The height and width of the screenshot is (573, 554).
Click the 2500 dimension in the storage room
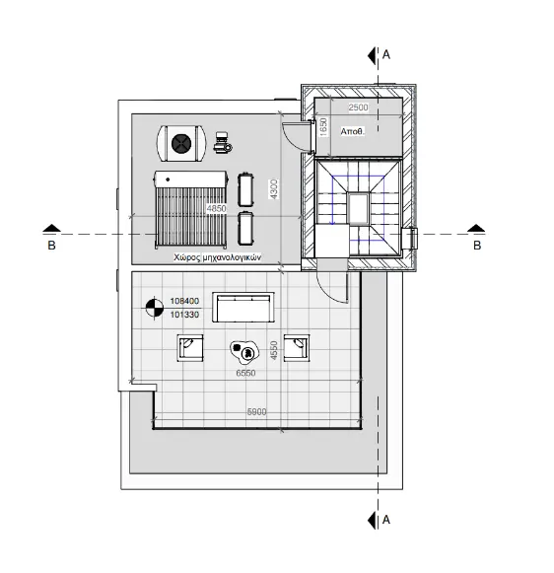(x=358, y=107)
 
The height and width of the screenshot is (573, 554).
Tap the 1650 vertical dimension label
(x=323, y=127)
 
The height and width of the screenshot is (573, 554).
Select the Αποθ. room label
(x=353, y=131)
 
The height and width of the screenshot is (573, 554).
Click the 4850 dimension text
(x=217, y=209)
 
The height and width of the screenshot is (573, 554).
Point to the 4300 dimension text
(x=274, y=189)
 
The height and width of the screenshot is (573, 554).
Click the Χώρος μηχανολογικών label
(x=218, y=257)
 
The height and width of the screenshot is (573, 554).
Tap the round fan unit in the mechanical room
(x=181, y=143)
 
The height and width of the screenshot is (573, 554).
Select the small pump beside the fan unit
(x=222, y=143)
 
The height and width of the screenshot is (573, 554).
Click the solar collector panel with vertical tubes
(x=191, y=209)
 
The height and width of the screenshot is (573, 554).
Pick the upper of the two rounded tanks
(x=245, y=189)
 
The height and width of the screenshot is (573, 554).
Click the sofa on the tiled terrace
(x=243, y=308)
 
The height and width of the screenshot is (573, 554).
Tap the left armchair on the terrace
(x=190, y=347)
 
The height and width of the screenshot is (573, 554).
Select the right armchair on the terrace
(x=297, y=347)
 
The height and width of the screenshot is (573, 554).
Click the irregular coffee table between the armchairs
(x=244, y=352)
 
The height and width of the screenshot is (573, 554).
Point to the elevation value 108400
(x=184, y=301)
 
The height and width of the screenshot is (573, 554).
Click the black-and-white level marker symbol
(x=155, y=308)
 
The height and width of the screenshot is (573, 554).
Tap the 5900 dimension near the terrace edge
(x=256, y=412)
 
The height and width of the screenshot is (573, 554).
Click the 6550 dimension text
(x=245, y=373)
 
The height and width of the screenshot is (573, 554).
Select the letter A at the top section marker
(x=386, y=55)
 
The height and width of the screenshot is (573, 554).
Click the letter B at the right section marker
(x=477, y=246)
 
